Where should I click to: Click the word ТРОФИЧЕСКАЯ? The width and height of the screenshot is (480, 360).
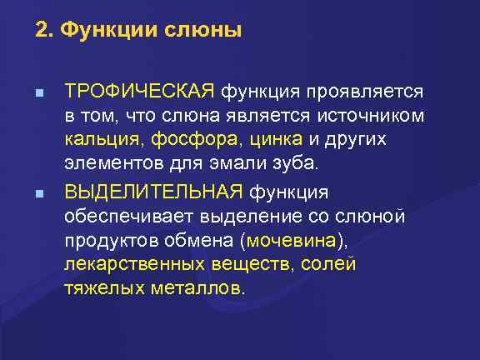coord(140,90)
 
